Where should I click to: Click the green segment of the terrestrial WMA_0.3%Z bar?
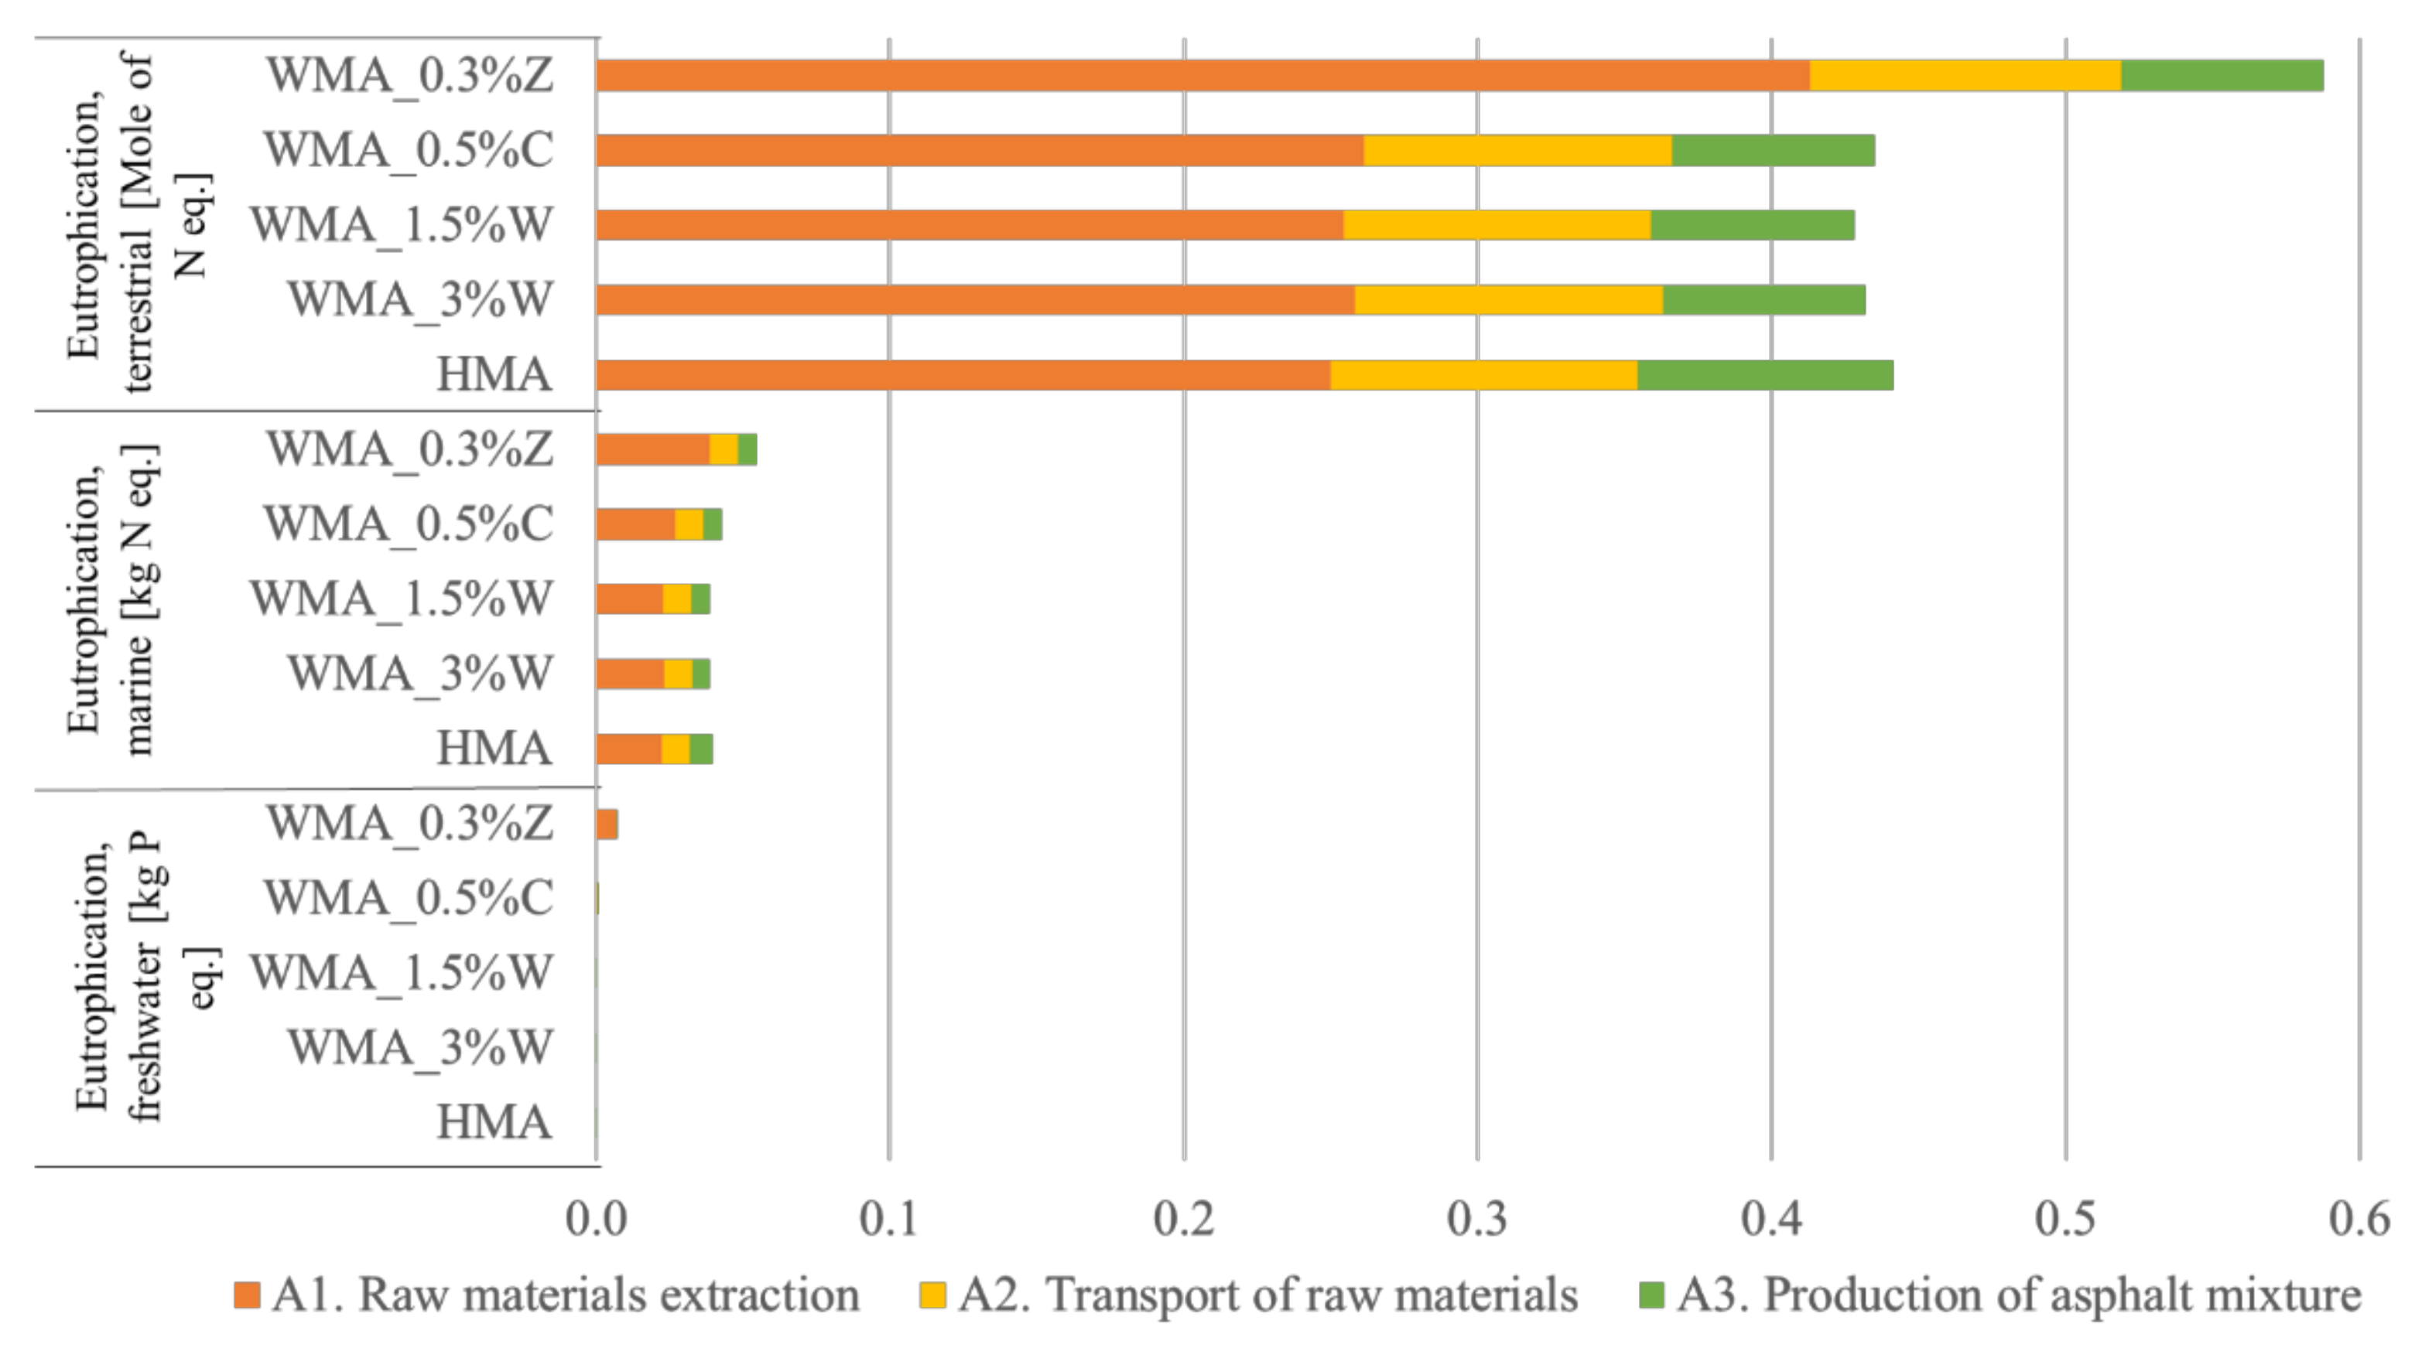[2221, 75]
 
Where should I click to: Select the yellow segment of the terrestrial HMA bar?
[1483, 375]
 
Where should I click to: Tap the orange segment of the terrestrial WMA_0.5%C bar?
[980, 150]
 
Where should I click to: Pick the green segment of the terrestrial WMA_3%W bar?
[1763, 300]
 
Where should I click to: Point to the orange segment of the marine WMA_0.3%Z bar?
[652, 449]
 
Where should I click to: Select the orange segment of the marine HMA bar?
[628, 749]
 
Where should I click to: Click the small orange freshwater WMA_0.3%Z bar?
[607, 824]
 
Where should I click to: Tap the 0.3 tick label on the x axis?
[1476, 1218]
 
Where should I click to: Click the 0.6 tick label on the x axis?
[2358, 1218]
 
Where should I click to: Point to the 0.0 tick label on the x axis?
[595, 1218]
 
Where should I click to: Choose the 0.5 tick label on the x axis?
[2065, 1218]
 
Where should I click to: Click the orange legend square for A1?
[246, 1295]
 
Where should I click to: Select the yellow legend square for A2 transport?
[932, 1295]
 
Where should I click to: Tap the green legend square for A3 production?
[1651, 1295]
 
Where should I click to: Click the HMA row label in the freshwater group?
[494, 1122]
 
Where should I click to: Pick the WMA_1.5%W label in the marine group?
[402, 599]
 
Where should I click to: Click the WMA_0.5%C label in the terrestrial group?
[408, 150]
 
